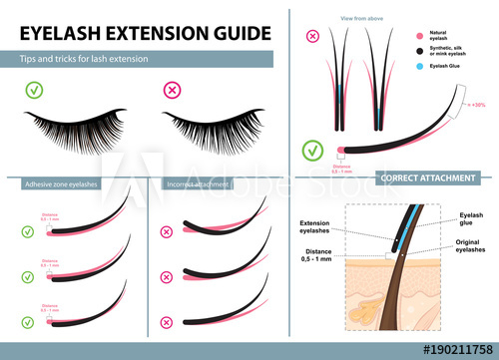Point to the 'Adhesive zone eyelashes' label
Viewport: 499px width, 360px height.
coord(63,182)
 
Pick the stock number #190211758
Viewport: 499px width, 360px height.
coord(445,349)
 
